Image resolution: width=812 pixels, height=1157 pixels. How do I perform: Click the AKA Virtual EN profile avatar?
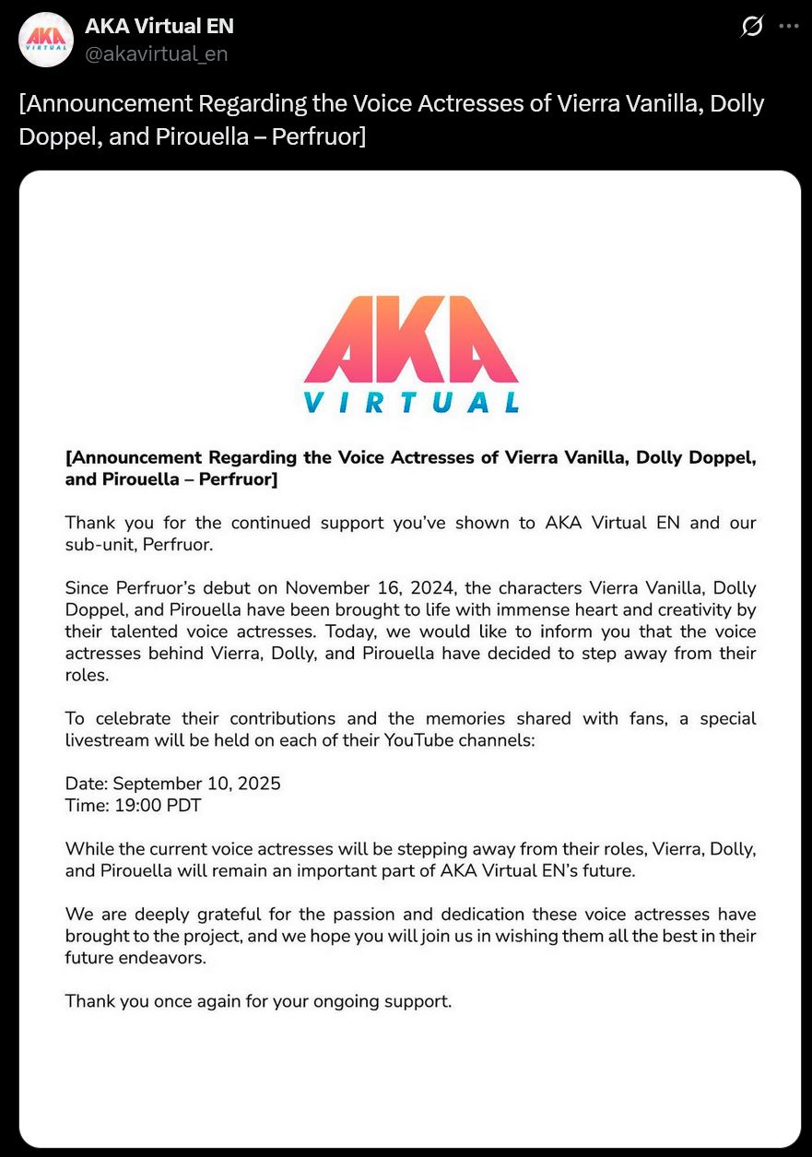(46, 40)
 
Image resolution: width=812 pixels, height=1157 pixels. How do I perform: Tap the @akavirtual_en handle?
(157, 54)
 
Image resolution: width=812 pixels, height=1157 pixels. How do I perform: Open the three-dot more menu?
(788, 27)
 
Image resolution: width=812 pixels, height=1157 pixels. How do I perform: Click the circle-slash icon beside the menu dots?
(752, 27)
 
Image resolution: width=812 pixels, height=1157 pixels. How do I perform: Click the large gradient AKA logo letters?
(411, 339)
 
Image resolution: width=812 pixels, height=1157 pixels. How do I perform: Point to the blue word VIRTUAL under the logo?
(411, 403)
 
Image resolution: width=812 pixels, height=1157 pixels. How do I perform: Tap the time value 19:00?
(138, 806)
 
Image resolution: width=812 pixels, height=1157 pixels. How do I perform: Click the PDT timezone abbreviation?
(183, 806)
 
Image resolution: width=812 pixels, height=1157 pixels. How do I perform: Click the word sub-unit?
(100, 545)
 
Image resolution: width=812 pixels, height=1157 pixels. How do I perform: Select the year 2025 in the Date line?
(259, 784)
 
